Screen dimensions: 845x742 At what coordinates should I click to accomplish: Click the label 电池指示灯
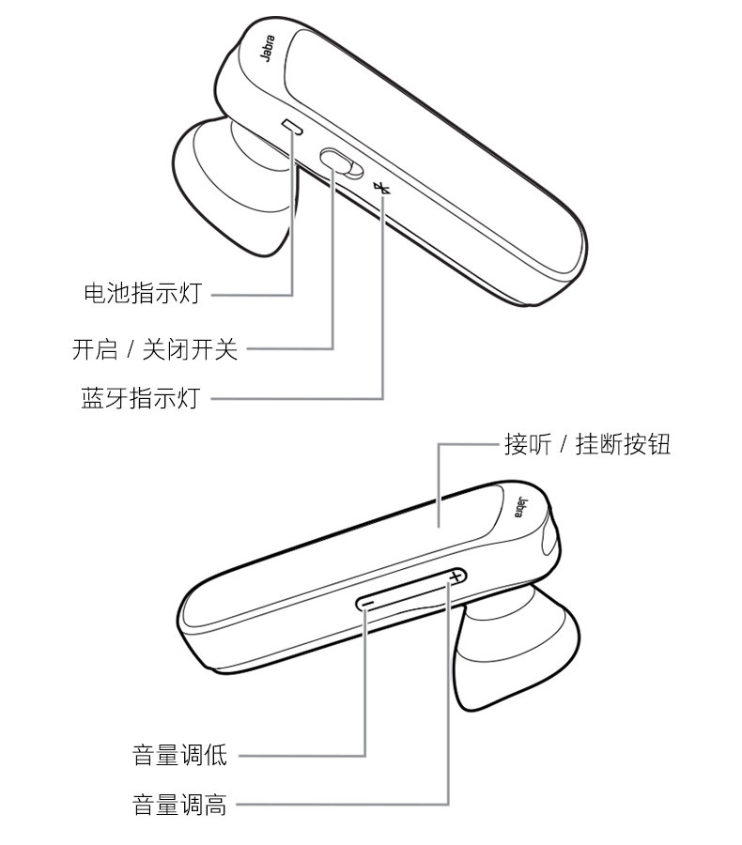coord(142,294)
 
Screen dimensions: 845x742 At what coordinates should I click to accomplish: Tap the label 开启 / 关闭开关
coord(156,349)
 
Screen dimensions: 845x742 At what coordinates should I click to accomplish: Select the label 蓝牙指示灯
coord(142,398)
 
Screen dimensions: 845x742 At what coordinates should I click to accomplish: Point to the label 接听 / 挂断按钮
coord(588,445)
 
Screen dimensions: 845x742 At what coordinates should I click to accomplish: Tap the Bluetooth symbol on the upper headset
coord(381,188)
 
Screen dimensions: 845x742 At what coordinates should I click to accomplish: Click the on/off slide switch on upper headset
coord(340,162)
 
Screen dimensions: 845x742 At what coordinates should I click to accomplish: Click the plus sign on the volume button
coord(456,576)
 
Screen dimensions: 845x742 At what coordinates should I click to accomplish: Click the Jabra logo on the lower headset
coord(522,506)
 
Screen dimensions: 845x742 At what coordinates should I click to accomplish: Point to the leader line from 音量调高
coord(338,805)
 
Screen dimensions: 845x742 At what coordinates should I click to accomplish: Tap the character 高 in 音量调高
coord(216,805)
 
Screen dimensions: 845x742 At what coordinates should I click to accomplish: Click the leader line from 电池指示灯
coord(254,294)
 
